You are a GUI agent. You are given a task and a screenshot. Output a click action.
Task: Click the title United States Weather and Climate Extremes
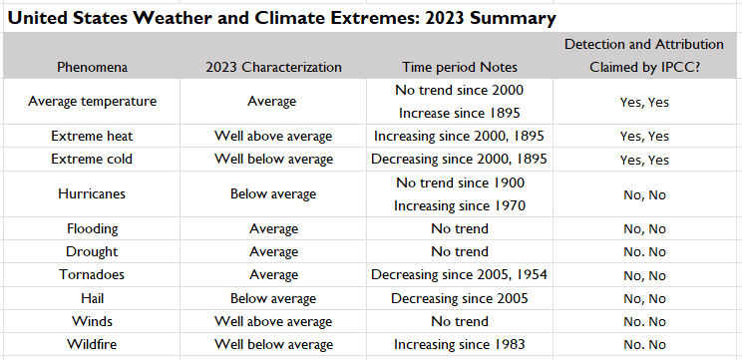282,18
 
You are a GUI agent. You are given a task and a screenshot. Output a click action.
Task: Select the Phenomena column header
92,68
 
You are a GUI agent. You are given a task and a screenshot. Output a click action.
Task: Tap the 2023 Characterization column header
273,68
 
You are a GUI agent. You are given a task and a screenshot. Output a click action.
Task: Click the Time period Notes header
460,68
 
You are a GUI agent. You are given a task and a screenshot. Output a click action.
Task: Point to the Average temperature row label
92,102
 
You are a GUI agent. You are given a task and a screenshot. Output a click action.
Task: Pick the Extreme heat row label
92,136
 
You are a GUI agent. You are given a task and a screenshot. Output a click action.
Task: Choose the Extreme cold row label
92,160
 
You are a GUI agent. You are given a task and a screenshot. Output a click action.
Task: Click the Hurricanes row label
92,193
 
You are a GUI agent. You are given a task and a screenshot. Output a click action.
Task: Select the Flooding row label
92,228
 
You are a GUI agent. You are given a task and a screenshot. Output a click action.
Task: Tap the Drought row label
92,251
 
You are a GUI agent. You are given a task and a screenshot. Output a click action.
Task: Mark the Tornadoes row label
92,275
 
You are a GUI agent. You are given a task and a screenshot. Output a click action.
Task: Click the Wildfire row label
92,344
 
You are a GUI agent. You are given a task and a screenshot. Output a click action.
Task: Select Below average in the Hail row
273,298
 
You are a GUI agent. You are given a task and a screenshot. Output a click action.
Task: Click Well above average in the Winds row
273,321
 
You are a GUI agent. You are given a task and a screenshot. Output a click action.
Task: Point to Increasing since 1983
460,344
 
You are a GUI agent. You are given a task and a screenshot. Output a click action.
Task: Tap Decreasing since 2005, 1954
460,275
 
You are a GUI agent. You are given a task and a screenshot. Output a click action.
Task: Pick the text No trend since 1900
460,182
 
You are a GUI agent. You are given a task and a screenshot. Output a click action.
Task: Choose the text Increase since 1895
460,113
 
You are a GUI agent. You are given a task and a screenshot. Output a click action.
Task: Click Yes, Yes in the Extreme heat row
644,136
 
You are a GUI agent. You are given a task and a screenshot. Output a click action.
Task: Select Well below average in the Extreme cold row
273,160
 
